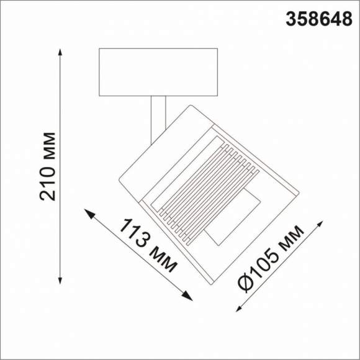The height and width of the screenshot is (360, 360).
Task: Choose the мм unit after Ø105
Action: pos(290,238)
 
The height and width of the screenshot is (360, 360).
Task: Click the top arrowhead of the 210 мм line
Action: pos(60,53)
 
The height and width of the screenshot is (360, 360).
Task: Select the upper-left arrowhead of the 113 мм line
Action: pos(88,214)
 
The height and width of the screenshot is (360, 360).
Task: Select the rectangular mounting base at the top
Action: pos(158,72)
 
